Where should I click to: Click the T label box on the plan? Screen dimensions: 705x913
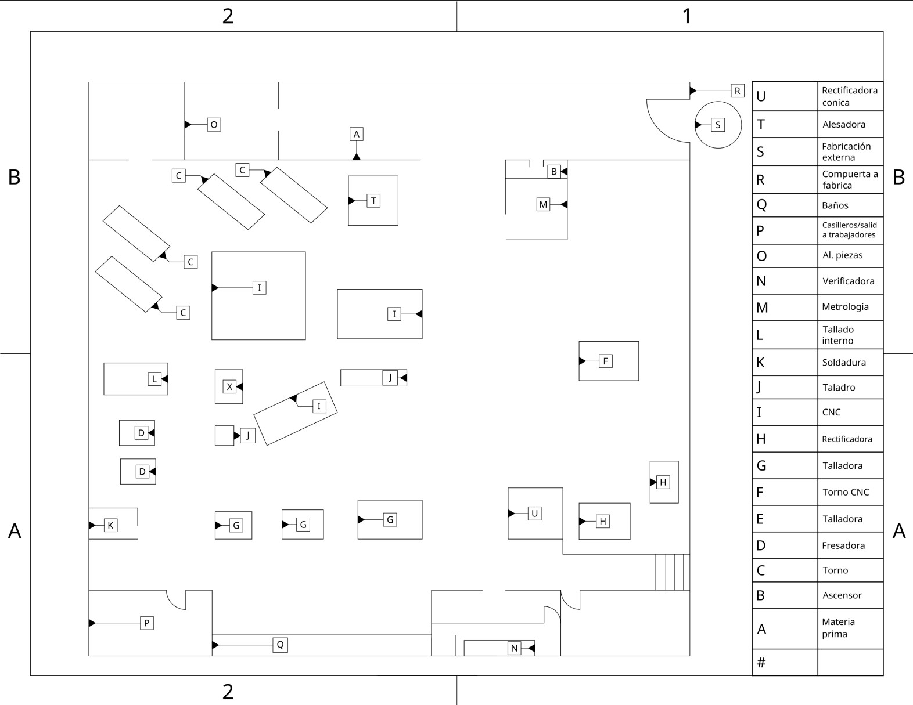pyautogui.click(x=373, y=201)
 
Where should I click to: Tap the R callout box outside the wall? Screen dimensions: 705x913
pyautogui.click(x=737, y=91)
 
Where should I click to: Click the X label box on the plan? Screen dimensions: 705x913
pyautogui.click(x=229, y=386)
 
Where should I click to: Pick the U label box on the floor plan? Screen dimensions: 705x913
pyautogui.click(x=534, y=513)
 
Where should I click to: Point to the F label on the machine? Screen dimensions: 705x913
pyautogui.click(x=605, y=361)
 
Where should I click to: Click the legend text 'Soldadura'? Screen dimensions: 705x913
pyautogui.click(x=843, y=362)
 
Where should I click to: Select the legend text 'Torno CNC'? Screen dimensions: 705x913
pyautogui.click(x=845, y=492)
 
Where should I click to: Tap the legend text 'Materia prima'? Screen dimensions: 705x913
pyautogui.click(x=837, y=628)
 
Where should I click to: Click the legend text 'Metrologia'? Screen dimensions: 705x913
pyautogui.click(x=845, y=306)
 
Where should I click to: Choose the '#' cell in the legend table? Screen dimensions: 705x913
pyautogui.click(x=761, y=662)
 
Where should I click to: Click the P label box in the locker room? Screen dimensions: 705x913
pyautogui.click(x=147, y=623)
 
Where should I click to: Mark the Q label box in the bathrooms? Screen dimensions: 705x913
pyautogui.click(x=280, y=645)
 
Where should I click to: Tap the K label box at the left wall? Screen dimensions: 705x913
pyautogui.click(x=110, y=525)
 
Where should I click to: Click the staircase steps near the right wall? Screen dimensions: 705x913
pyautogui.click(x=672, y=572)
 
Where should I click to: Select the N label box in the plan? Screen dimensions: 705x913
pyautogui.click(x=514, y=648)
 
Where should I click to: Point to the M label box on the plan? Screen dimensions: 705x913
pyautogui.click(x=543, y=204)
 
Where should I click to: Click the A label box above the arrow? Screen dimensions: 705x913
pyautogui.click(x=357, y=134)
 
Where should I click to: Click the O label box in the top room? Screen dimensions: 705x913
pyautogui.click(x=214, y=124)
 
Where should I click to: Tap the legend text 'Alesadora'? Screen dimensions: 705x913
pyautogui.click(x=843, y=124)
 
